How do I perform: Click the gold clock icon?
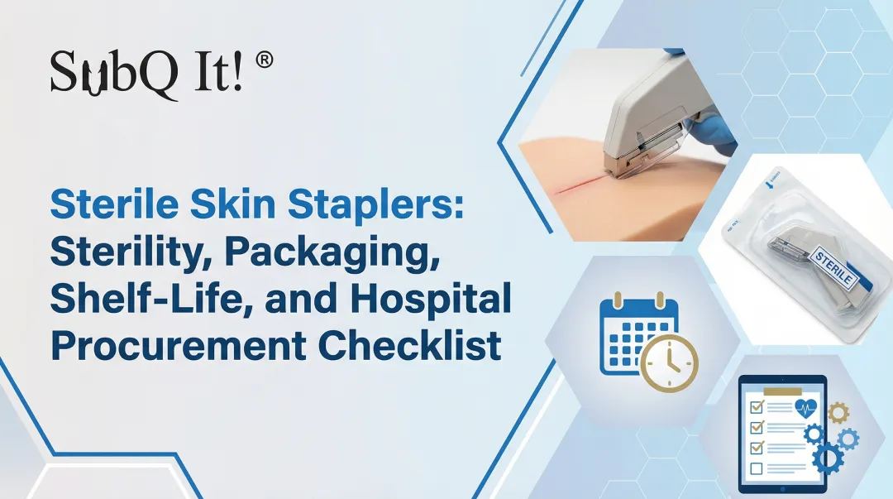click(669, 363)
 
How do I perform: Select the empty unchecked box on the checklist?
click(756, 468)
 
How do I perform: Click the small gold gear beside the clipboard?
click(837, 411)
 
